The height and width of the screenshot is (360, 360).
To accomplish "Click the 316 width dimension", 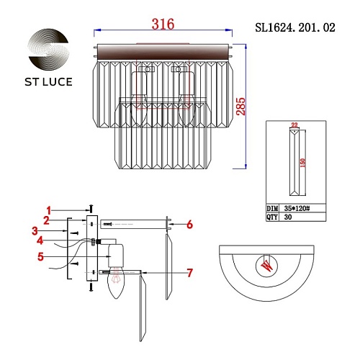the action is click(x=163, y=24).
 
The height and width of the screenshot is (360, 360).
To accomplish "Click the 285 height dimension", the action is click(x=240, y=107).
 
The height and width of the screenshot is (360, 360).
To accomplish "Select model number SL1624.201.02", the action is click(x=295, y=27).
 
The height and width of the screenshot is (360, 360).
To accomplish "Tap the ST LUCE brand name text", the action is click(x=48, y=82).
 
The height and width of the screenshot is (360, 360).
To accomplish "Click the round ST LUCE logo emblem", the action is click(x=48, y=49).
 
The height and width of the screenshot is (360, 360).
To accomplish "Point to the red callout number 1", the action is click(x=49, y=211).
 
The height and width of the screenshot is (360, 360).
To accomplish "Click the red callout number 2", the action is click(x=46, y=220).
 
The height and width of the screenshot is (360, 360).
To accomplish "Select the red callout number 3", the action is click(x=35, y=231).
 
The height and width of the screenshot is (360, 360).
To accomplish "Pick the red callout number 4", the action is click(x=40, y=240).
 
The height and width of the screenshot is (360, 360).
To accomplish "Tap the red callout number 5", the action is click(x=40, y=256).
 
